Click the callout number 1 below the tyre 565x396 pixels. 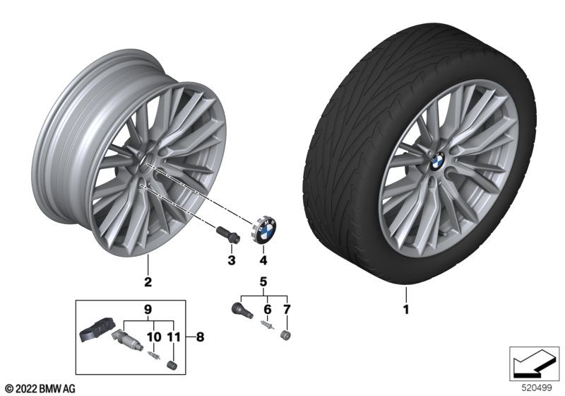pyautogui.click(x=406, y=310)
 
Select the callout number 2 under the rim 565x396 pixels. pyautogui.click(x=148, y=281)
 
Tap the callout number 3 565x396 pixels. pyautogui.click(x=232, y=260)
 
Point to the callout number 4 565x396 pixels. pyautogui.click(x=263, y=260)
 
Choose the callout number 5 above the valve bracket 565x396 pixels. pyautogui.click(x=263, y=281)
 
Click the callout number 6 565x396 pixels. pyautogui.click(x=268, y=310)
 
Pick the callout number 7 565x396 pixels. pyautogui.click(x=287, y=310)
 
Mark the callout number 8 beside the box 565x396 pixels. pyautogui.click(x=200, y=337)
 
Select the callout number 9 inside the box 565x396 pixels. pyautogui.click(x=148, y=310)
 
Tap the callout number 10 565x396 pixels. pyautogui.click(x=154, y=337)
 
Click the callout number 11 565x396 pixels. pyautogui.click(x=173, y=337)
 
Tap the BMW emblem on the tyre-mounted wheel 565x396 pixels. pyautogui.click(x=437, y=163)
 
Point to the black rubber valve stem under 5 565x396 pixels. pyautogui.click(x=242, y=310)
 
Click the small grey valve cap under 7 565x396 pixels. pyautogui.click(x=285, y=335)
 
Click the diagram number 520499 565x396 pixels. pyautogui.click(x=536, y=388)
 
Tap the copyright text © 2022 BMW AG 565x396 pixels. pyautogui.click(x=40, y=388)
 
